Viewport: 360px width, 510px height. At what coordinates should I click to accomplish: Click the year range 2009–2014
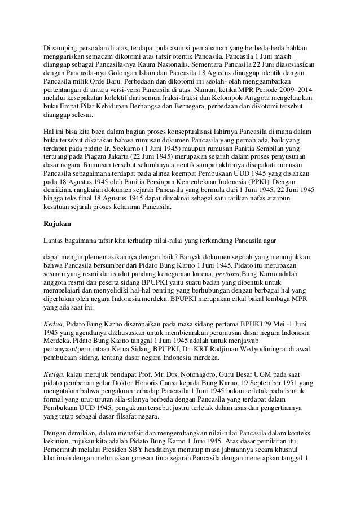[297, 90]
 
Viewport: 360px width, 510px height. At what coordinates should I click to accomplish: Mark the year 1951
[292, 383]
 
